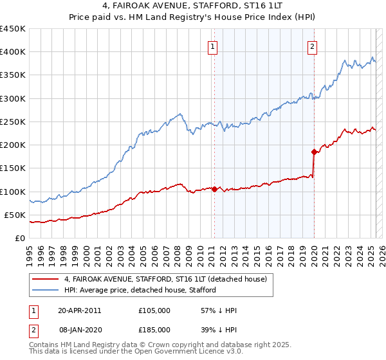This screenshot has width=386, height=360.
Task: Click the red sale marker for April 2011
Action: tap(214, 189)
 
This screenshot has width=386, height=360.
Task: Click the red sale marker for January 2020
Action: tap(314, 152)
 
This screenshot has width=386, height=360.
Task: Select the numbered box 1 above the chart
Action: tap(212, 46)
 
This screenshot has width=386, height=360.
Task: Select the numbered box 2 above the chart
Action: tap(312, 46)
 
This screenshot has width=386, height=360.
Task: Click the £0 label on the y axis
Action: tap(19, 238)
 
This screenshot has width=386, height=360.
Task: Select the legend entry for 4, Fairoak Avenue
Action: tap(169, 279)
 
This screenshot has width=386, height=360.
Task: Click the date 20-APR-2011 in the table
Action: tap(79, 310)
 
